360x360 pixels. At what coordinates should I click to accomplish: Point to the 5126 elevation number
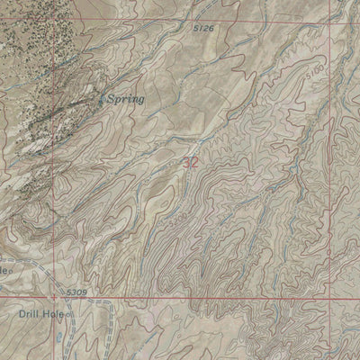pos(204,29)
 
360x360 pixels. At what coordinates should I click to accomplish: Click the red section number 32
pos(190,163)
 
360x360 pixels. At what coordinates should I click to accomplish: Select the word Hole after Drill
pos(57,315)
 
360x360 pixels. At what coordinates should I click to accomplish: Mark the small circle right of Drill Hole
pos(73,316)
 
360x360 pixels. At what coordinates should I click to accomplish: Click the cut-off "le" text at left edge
pos(4,268)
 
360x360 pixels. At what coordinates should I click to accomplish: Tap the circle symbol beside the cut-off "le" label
pos(13,269)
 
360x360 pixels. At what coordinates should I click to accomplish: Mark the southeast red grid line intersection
pos(329,298)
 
